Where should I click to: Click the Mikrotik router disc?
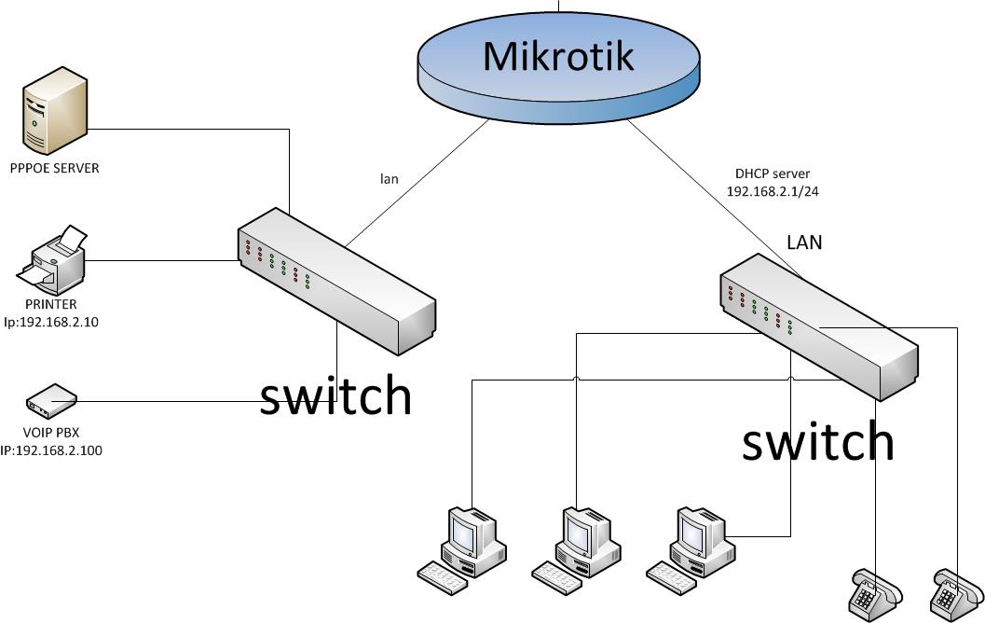pos(558,68)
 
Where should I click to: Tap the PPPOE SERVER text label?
pos(55,168)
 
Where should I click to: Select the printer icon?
pos(51,259)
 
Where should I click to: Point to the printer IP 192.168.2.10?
pos(51,322)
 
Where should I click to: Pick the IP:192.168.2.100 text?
pos(51,450)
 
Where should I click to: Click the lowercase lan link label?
pos(389,178)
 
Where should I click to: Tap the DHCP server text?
pos(773,173)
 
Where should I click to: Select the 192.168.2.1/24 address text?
pos(773,191)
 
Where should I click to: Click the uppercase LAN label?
pos(804,242)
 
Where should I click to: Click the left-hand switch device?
pos(336,281)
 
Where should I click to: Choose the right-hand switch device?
pos(818,327)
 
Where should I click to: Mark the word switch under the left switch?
pos(336,395)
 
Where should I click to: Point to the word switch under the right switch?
pos(818,441)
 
